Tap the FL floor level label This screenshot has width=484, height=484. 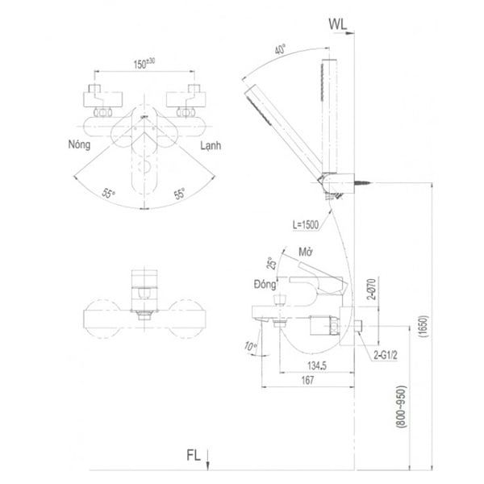coord(192,456)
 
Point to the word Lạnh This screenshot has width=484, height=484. coord(211,146)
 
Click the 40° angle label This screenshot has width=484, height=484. coord(280,49)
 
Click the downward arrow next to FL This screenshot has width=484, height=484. coord(209,461)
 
